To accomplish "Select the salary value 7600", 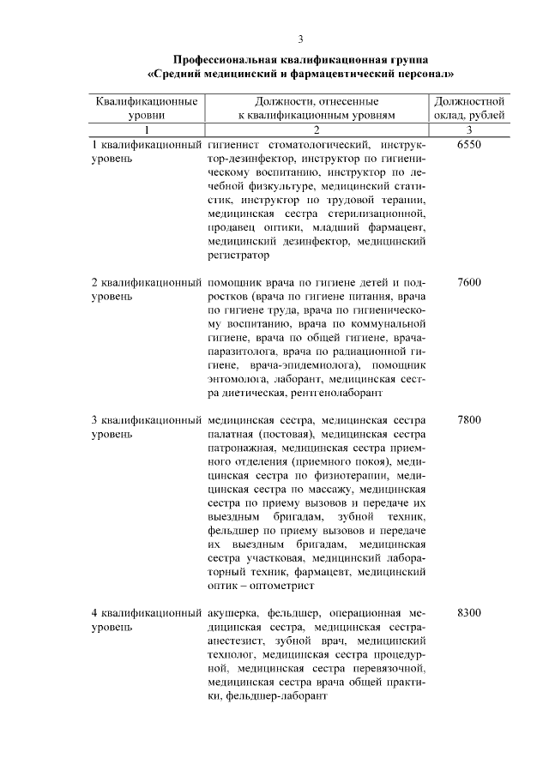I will click(x=469, y=282).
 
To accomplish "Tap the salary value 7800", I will click(x=469, y=420).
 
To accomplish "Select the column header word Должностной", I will click(x=469, y=101).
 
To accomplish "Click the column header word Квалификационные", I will click(x=147, y=101).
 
